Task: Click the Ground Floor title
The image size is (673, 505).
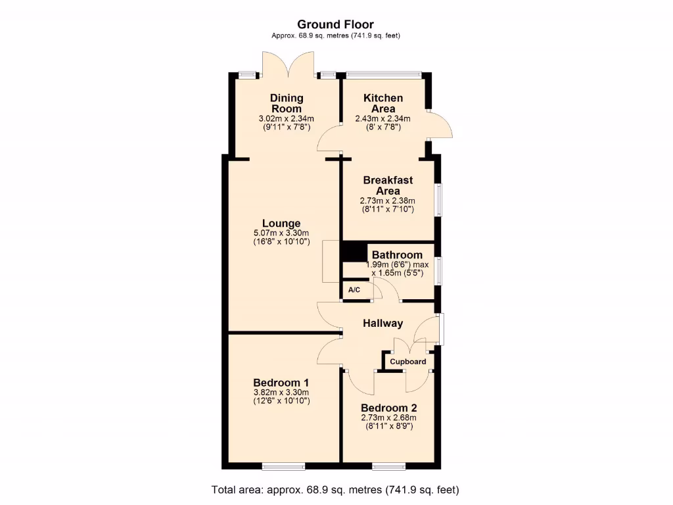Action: (336, 25)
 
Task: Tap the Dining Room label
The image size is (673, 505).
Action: (287, 103)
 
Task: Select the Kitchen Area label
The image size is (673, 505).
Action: (383, 103)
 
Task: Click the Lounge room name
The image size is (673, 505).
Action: (281, 224)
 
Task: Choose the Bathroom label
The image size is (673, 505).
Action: (397, 255)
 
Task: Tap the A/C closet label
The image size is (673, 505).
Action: (354, 290)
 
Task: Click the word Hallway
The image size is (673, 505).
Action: (383, 323)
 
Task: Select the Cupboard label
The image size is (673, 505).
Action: (407, 362)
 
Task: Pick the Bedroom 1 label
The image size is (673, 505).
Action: (281, 383)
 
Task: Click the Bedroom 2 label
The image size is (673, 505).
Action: (388, 407)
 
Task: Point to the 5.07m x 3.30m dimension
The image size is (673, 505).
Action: (281, 233)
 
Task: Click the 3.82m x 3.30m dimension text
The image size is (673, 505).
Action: (281, 392)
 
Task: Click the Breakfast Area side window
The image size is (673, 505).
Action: (439, 199)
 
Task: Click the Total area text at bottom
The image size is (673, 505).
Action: (335, 490)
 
